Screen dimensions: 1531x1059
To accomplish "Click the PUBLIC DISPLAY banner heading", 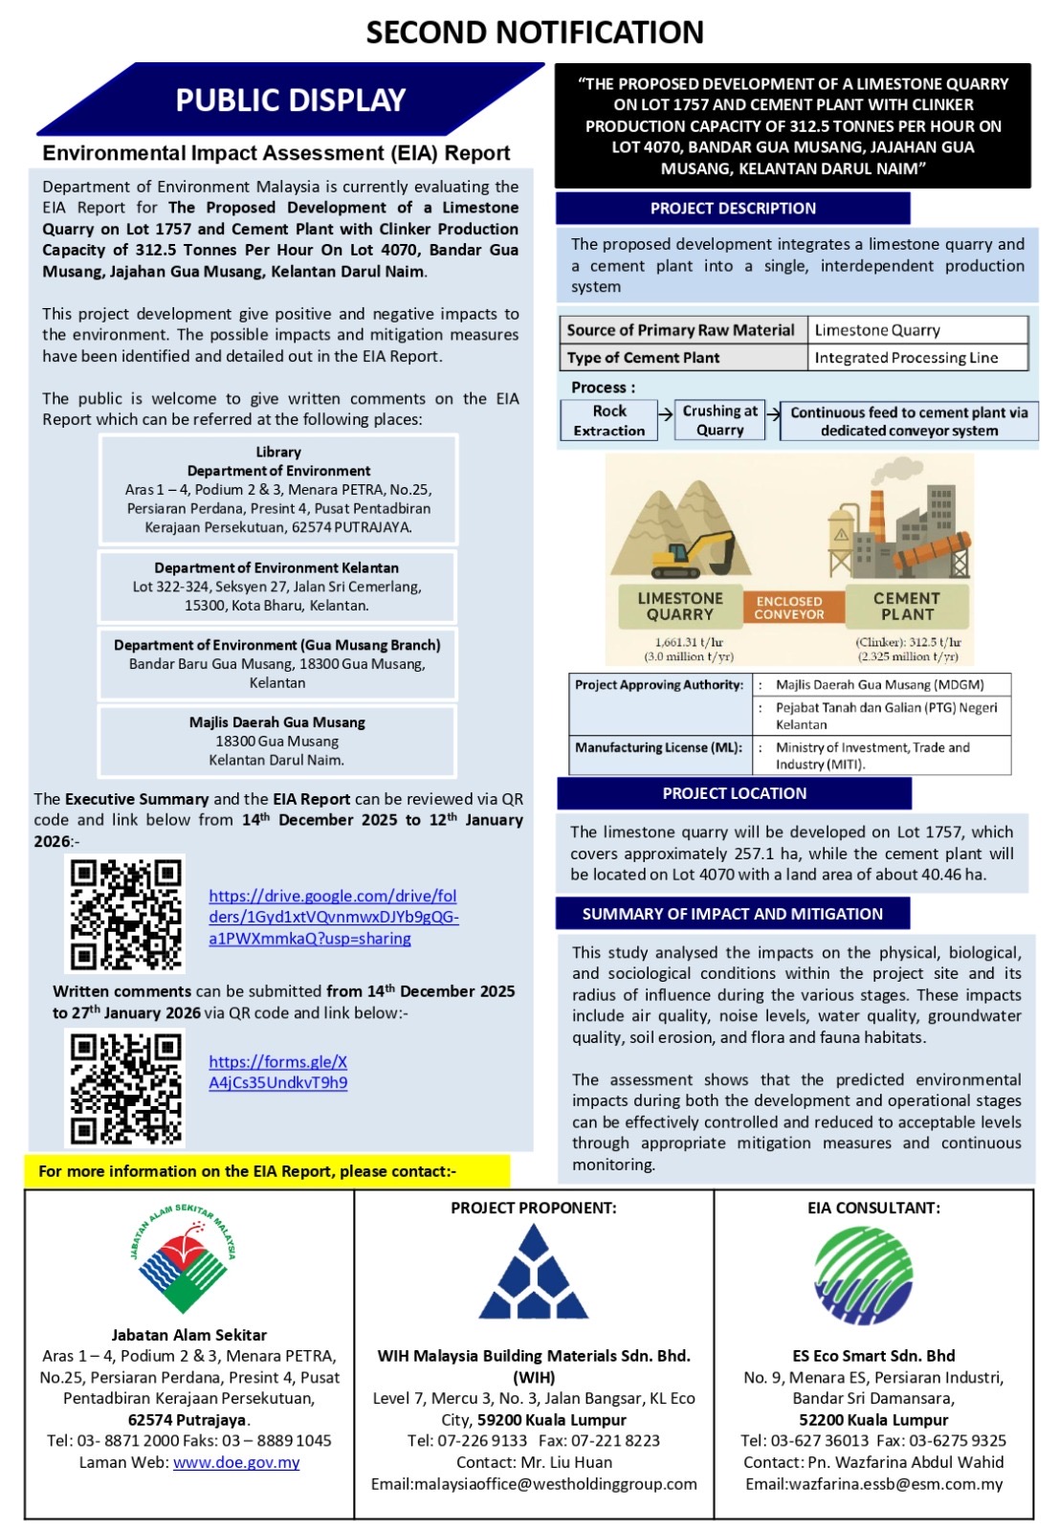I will [290, 100].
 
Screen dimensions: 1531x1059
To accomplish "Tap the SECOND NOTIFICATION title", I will [535, 32].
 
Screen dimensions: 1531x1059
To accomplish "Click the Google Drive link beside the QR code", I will [333, 917].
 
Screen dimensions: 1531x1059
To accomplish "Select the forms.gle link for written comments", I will [277, 1072].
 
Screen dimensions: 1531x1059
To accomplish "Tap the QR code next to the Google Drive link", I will [125, 914].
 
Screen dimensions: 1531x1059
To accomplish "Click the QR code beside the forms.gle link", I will [125, 1087].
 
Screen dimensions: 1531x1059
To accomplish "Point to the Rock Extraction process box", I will [608, 421].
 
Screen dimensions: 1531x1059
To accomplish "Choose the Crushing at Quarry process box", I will [719, 420].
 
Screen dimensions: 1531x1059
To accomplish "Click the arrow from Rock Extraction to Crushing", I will [666, 414].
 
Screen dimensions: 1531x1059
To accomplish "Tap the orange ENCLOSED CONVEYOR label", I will [788, 608].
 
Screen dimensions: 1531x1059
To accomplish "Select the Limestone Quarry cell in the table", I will [916, 330].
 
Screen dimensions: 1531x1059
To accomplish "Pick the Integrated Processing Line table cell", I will [916, 358].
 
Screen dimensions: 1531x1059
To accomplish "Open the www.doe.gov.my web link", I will [236, 1462].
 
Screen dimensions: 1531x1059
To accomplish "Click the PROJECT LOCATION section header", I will [734, 793].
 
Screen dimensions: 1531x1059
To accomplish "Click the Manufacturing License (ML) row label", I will [658, 747].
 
